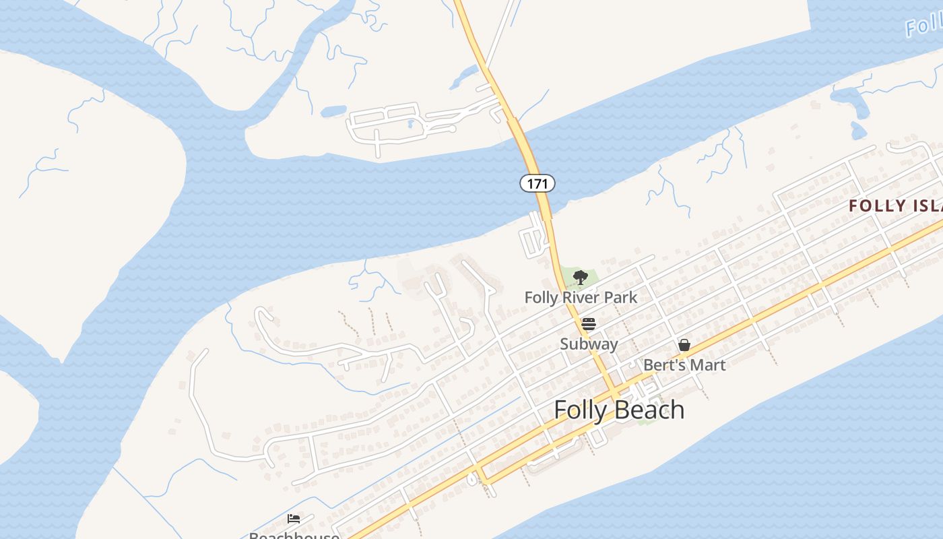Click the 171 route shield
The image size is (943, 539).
pos(537,183)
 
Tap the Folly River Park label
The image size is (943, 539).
pos(581,297)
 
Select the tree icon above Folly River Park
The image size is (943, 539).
pos(580,277)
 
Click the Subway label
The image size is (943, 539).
pos(589,344)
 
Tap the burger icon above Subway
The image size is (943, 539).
pos(589,324)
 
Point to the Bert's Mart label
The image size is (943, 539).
pos(684,365)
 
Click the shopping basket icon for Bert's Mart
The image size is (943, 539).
pos(684,346)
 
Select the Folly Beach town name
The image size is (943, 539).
pos(619,410)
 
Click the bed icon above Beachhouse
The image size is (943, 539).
pos(294,518)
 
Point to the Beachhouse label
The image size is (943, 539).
pos(294,535)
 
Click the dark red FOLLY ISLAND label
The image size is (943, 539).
pos(895,206)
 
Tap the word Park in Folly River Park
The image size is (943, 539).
pos(620,297)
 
